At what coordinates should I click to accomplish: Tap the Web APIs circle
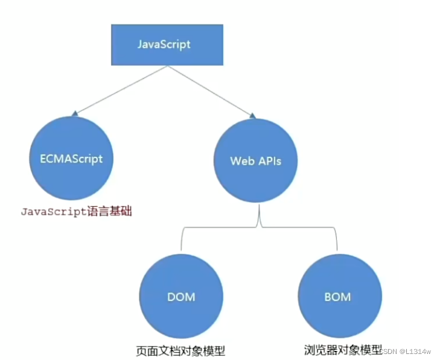coord(255,161)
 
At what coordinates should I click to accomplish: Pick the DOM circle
coord(181,297)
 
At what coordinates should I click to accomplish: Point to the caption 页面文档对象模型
coord(180,350)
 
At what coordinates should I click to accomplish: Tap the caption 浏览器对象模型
coord(342,349)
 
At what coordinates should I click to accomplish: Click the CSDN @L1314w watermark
coord(410,351)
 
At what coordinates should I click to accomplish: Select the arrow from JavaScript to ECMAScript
coord(121,89)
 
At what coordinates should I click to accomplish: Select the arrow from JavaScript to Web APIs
coord(208,89)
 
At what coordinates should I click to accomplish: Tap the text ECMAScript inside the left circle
coord(67,159)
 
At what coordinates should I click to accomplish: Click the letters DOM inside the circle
coord(181,297)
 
